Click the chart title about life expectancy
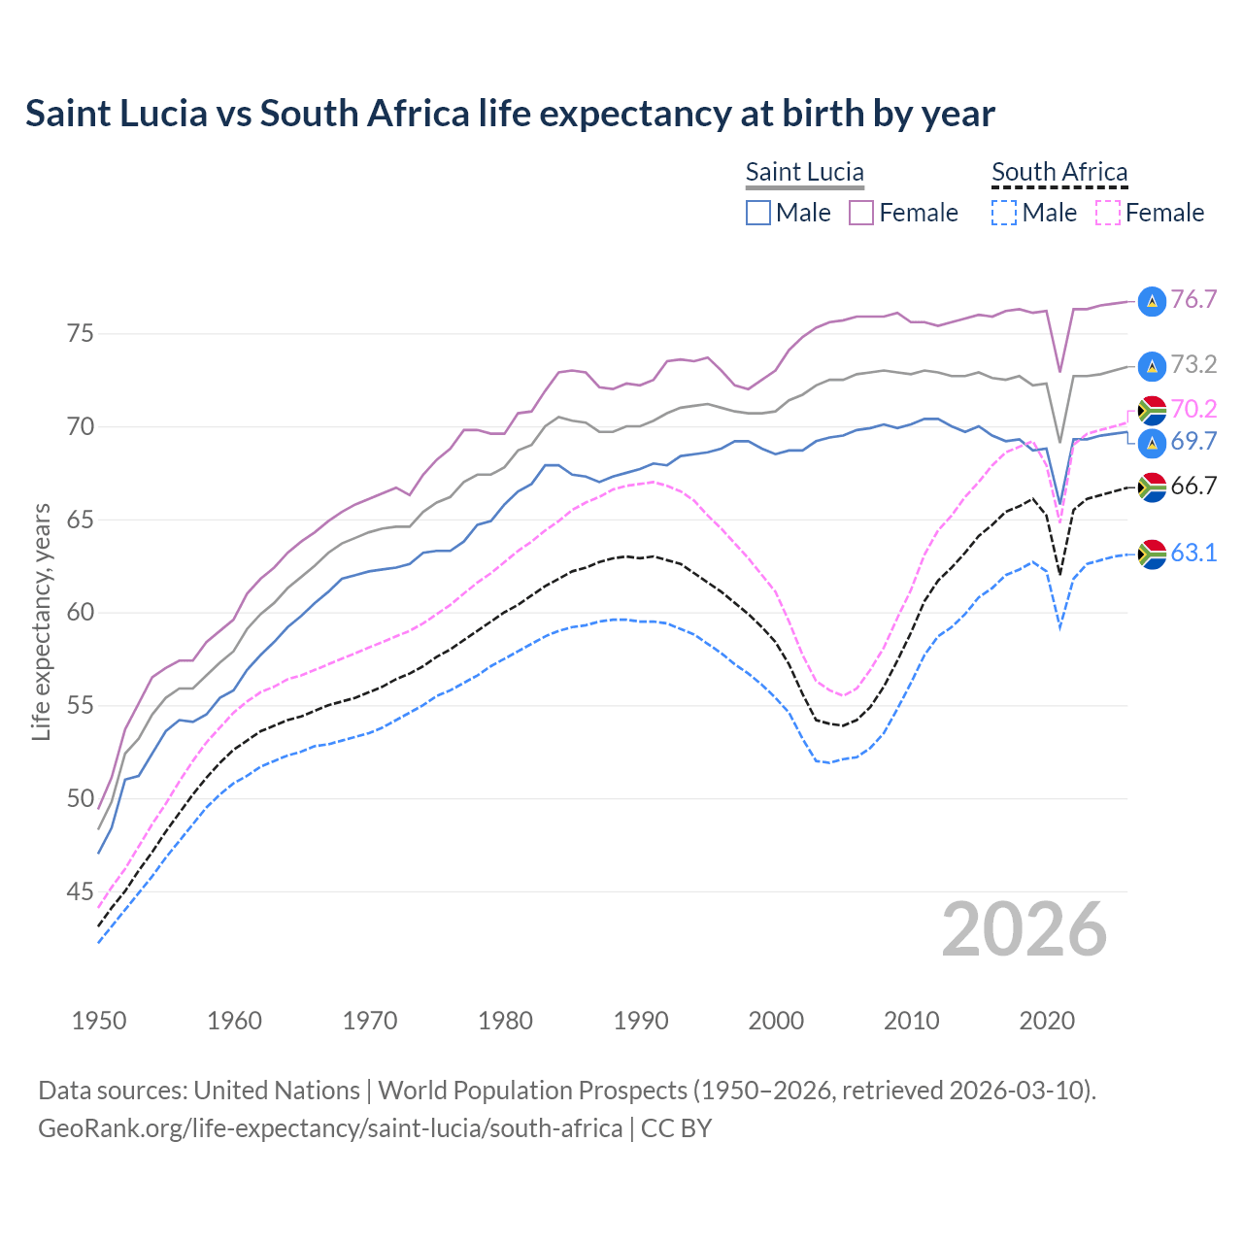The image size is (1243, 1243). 510,114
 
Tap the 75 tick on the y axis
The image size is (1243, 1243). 81,334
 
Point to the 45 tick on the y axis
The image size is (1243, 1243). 81,891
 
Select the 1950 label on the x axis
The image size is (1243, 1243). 99,1021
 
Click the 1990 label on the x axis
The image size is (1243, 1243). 641,1021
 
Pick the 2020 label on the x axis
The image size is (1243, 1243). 1047,1021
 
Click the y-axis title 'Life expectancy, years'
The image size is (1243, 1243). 41,621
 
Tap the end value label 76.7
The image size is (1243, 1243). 1193,300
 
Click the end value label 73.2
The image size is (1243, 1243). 1193,365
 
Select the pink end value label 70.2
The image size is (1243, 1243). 1193,409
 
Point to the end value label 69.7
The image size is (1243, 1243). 1193,442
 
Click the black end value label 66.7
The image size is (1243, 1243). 1193,487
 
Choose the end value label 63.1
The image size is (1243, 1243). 1193,554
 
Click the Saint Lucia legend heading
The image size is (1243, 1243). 804,173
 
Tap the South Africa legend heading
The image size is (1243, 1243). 1059,173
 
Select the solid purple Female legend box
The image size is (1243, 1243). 861,213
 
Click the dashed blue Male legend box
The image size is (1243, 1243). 1004,213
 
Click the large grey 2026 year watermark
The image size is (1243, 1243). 1025,929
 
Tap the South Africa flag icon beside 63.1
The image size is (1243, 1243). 1152,554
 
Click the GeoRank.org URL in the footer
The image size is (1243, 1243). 330,1128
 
